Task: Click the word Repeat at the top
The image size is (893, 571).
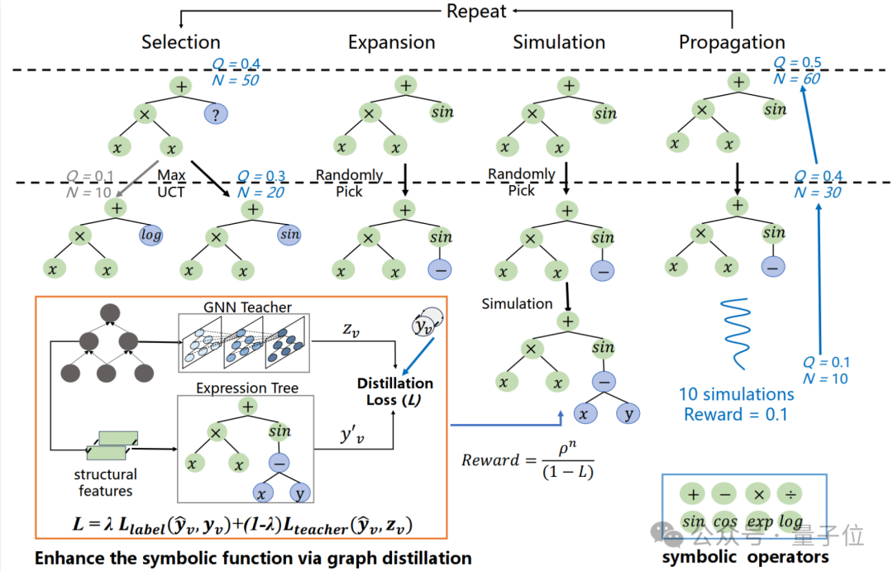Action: click(476, 11)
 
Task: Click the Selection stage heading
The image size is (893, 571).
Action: click(180, 42)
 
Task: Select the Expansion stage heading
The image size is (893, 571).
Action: click(391, 43)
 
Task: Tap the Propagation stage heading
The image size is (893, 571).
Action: click(732, 43)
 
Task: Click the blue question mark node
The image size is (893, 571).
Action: click(216, 114)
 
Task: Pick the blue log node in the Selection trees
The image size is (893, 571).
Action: click(151, 235)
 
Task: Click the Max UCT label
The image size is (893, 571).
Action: click(171, 183)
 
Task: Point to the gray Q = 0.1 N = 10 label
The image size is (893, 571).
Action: click(89, 184)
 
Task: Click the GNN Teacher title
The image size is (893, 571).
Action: click(247, 307)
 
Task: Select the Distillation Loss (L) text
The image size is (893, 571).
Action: click(394, 391)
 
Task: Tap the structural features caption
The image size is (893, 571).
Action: click(105, 483)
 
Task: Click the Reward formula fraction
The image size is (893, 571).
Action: click(568, 461)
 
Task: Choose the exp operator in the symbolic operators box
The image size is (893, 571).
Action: click(759, 521)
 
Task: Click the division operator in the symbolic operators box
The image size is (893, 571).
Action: click(790, 494)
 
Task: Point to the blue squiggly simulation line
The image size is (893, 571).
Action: click(736, 334)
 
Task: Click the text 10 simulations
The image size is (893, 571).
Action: click(736, 394)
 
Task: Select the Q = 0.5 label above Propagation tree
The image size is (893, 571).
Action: click(797, 62)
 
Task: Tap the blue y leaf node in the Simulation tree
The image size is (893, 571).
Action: click(628, 413)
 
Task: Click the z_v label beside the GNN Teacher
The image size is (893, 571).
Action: click(351, 330)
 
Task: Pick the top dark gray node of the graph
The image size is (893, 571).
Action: click(110, 312)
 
